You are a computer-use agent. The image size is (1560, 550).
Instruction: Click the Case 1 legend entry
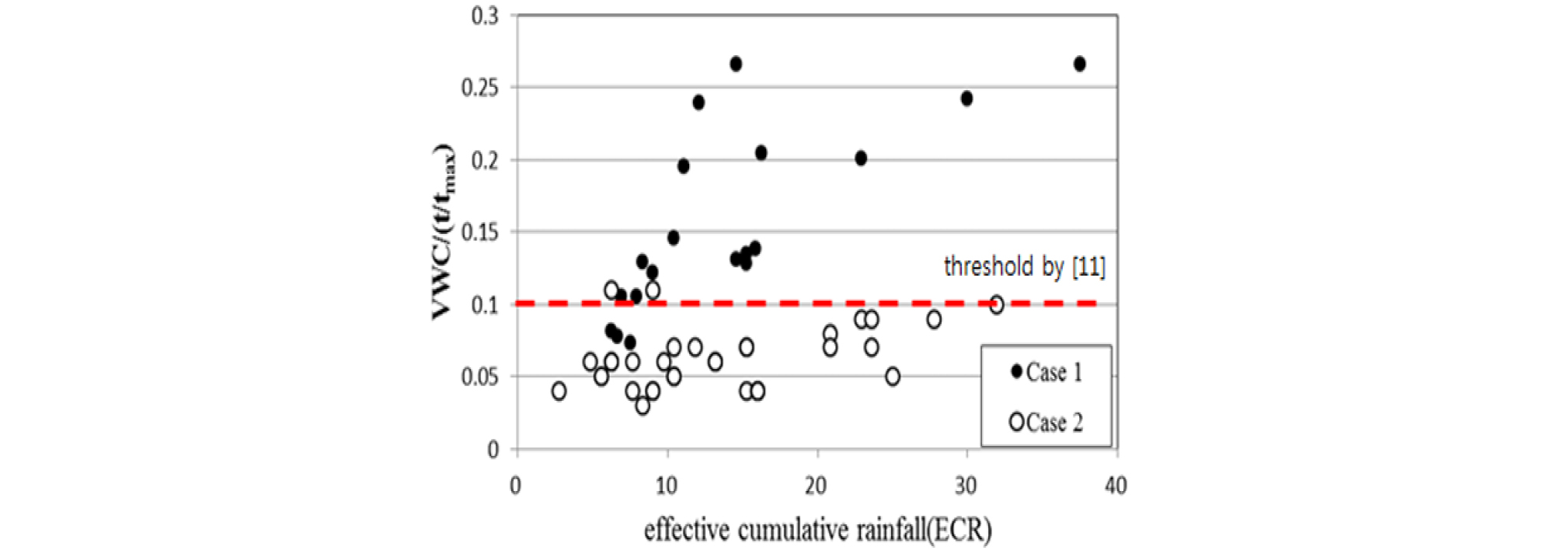[x=1046, y=372]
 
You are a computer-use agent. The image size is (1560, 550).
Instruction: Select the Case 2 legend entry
[x=1046, y=422]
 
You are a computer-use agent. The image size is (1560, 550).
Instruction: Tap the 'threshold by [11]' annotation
[x=1024, y=266]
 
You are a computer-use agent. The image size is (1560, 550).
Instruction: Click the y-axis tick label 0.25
[x=480, y=88]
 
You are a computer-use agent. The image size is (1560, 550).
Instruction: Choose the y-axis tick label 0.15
[x=480, y=232]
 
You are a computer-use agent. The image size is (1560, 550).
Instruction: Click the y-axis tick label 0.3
[x=486, y=16]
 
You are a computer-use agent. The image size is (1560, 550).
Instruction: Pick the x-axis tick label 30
[x=966, y=486]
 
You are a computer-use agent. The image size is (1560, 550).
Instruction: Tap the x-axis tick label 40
[x=1116, y=486]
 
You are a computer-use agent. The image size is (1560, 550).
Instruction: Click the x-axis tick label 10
[x=667, y=486]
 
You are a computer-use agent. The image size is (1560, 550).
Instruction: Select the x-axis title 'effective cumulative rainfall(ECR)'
[x=817, y=530]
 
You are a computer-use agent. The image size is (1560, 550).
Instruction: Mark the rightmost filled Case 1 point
[x=1079, y=64]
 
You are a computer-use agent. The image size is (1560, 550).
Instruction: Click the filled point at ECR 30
[x=966, y=99]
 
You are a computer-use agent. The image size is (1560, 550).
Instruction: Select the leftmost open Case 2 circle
[x=559, y=391]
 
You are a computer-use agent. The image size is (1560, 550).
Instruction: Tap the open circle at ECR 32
[x=996, y=305]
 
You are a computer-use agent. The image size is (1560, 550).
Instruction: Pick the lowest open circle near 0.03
[x=642, y=406]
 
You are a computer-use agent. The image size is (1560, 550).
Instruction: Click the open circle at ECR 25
[x=893, y=377]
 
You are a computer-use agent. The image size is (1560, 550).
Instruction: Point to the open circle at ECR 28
[x=934, y=319]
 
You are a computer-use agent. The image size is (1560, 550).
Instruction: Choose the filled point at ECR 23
[x=861, y=158]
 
